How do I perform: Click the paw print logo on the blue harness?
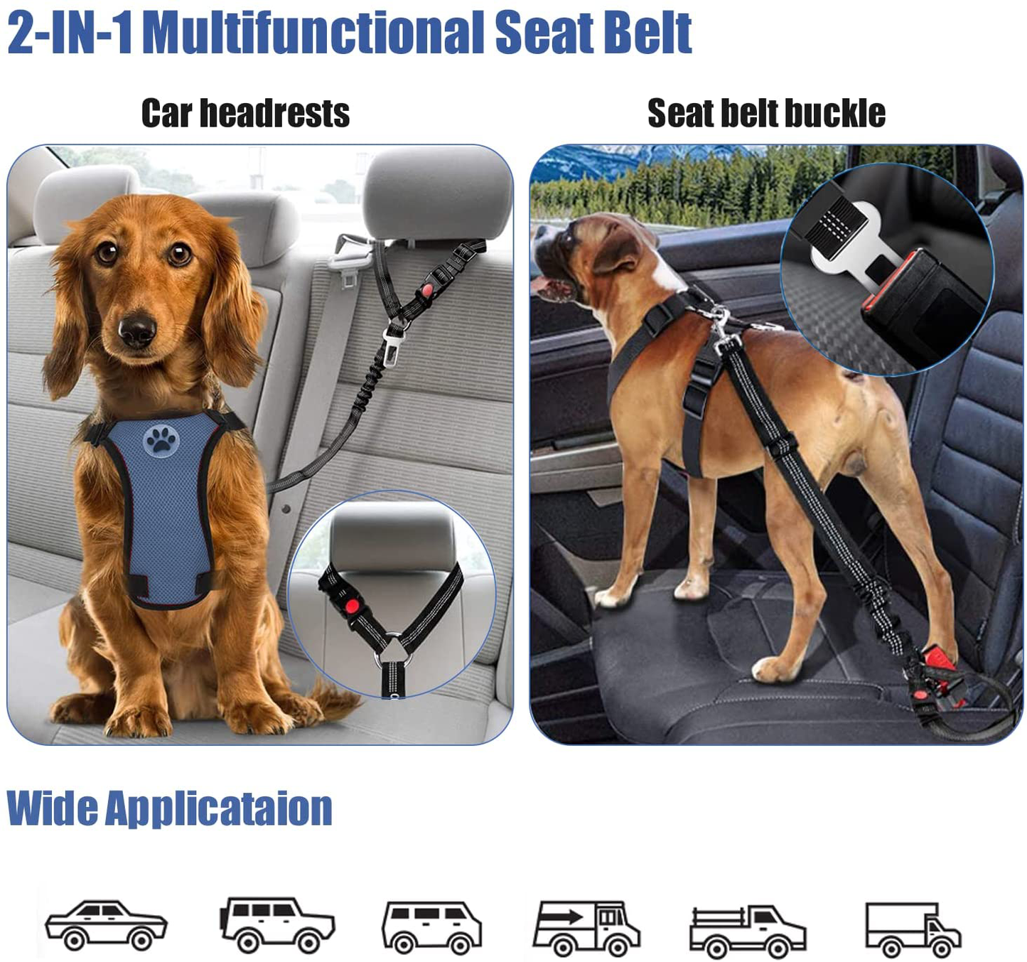[x=161, y=440]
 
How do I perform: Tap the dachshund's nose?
[x=137, y=330]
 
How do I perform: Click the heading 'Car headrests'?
[x=246, y=113]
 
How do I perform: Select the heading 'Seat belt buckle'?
[x=766, y=113]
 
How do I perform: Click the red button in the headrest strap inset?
[x=352, y=606]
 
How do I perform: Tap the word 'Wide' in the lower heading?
[x=52, y=807]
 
